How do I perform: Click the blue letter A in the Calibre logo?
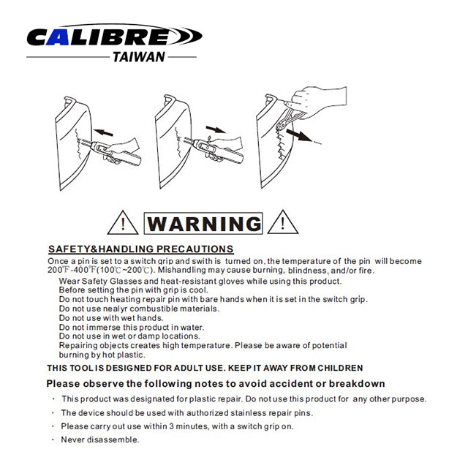click(58, 37)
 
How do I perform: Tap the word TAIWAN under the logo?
click(139, 57)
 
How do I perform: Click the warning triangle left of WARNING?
click(123, 222)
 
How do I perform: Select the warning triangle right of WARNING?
click(283, 222)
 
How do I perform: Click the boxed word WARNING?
click(203, 223)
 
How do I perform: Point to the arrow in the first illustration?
click(103, 132)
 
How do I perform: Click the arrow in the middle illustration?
click(216, 129)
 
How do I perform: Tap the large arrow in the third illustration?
click(299, 135)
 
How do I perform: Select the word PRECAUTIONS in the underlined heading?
click(195, 249)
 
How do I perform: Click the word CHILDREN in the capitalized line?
click(340, 368)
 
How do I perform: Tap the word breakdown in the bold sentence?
click(357, 383)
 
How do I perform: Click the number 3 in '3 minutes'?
click(171, 426)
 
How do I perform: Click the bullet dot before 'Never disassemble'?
click(53, 439)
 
